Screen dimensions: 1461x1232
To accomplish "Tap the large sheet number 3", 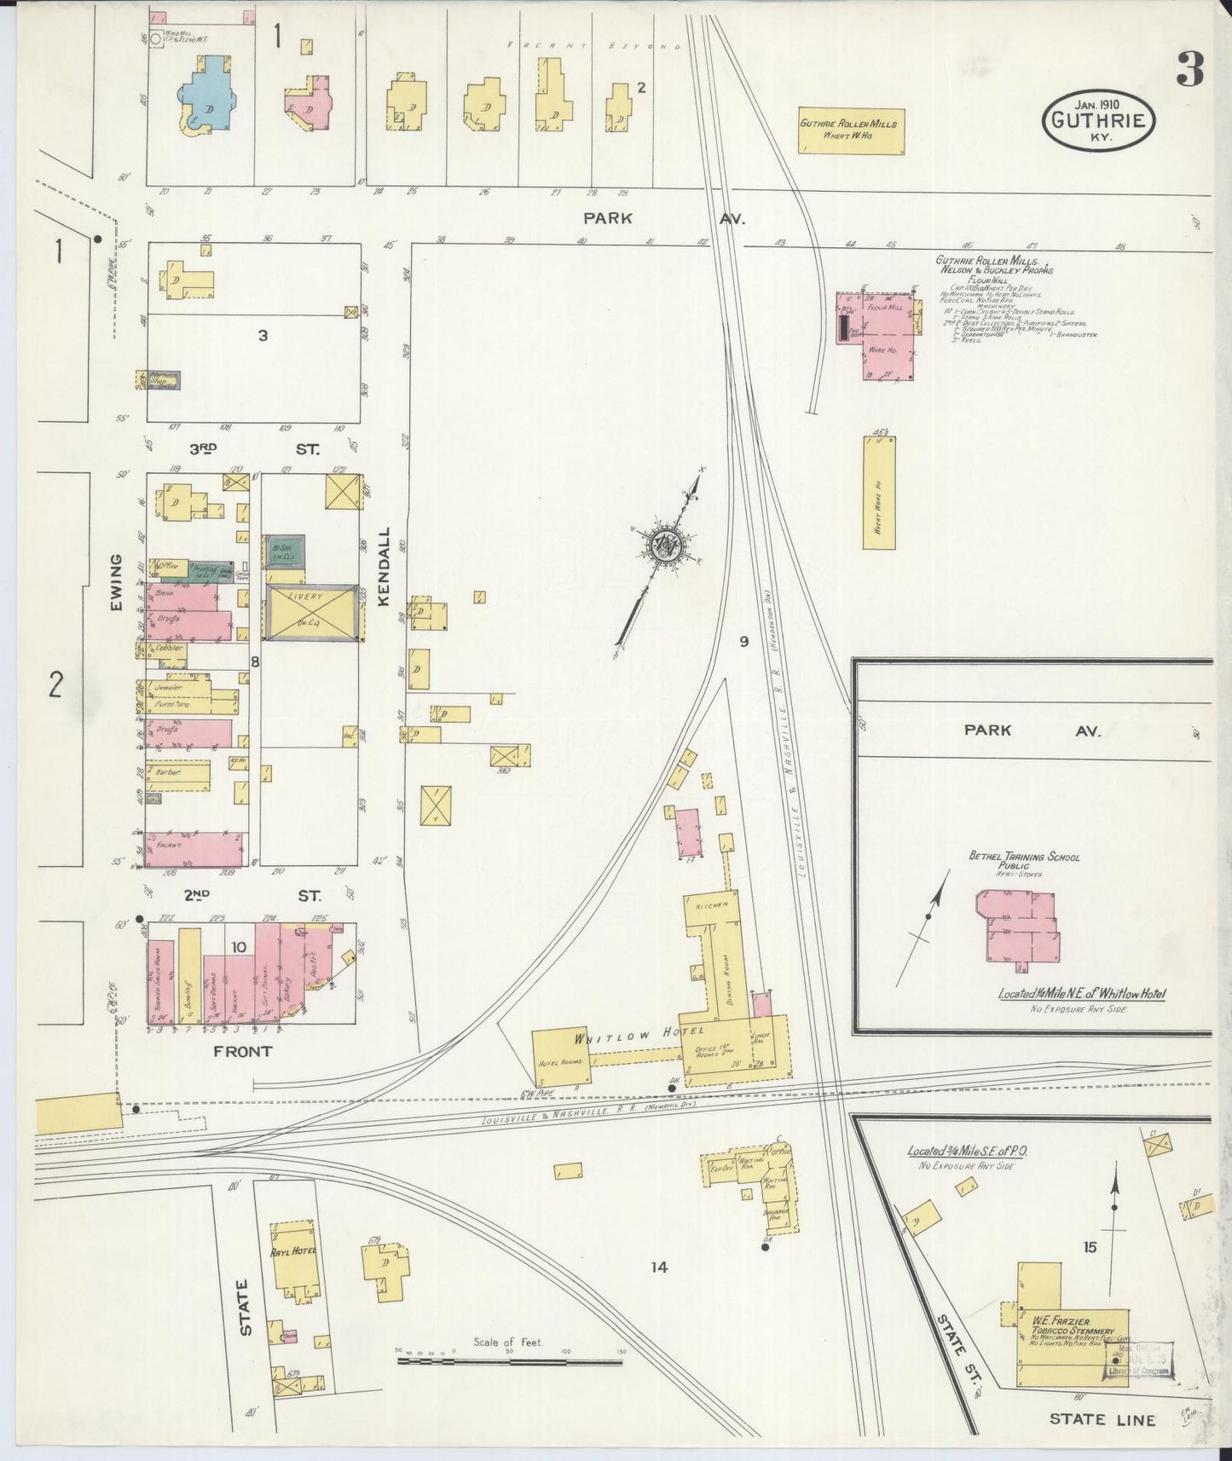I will [x=1189, y=69].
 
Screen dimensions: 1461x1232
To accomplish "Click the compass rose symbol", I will [x=663, y=544].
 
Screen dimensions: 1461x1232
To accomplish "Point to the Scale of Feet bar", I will [x=510, y=1361].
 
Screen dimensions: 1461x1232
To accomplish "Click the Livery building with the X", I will [x=312, y=612].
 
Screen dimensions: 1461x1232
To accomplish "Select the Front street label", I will [x=243, y=1052].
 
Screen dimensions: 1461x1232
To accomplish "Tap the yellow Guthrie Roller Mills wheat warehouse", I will [x=848, y=130].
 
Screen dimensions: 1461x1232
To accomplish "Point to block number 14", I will [x=658, y=1268].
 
